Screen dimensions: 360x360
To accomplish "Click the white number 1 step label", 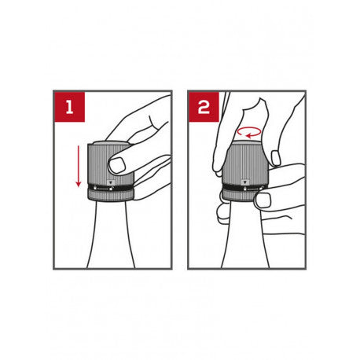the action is [x=69, y=108].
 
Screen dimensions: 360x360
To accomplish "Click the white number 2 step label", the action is [x=204, y=108].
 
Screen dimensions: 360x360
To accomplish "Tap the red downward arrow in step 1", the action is [x=78, y=167].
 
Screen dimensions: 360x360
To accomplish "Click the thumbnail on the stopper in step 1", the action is [x=117, y=165].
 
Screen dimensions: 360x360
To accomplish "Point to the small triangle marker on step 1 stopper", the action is [x=110, y=182].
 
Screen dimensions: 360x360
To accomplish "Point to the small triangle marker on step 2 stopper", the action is [x=245, y=182].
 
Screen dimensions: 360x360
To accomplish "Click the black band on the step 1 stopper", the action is [x=111, y=188].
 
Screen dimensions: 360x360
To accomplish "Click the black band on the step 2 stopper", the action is [x=243, y=188].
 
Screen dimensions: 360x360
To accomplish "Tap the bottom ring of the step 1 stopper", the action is [x=111, y=197].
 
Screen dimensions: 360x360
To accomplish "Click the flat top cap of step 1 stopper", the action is [x=110, y=143].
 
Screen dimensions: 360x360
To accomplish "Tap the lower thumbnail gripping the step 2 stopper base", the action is [x=263, y=200].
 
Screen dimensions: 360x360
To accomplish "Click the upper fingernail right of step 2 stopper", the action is [x=276, y=158].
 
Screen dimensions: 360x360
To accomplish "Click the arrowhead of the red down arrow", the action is [x=78, y=184].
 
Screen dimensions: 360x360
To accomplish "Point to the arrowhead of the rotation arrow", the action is [x=248, y=135].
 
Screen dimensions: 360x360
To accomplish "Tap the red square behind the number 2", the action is [x=204, y=107].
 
